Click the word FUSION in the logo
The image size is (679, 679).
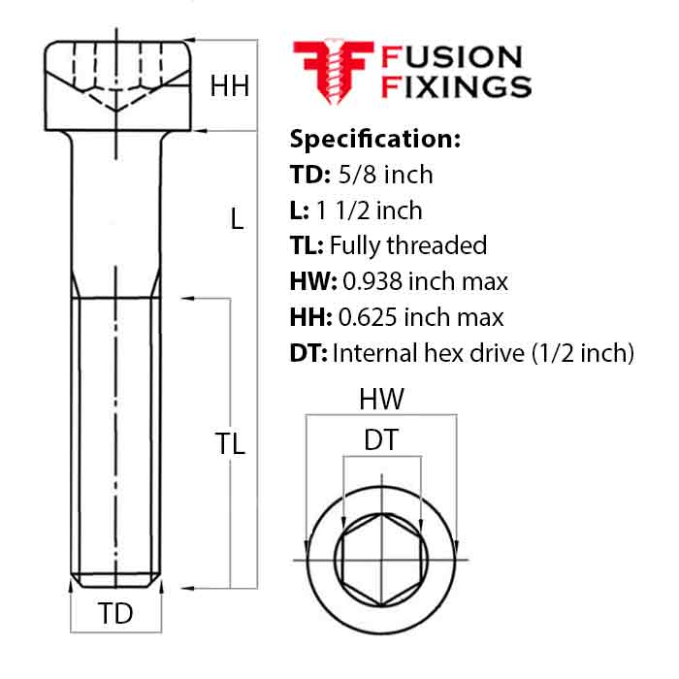pos(453,58)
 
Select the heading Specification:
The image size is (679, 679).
pos(374,139)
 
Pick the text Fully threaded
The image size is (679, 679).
pos(408,245)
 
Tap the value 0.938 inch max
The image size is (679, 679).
pos(424,281)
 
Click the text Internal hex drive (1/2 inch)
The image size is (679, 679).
pos(483,352)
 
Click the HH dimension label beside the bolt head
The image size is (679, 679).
pos(230,86)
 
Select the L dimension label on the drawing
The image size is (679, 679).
pos(237,219)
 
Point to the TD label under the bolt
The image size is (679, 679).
pos(115,614)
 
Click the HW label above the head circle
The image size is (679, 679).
pos(381,399)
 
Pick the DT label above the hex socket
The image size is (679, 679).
pos(380,440)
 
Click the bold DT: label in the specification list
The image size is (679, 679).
pos(308,352)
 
